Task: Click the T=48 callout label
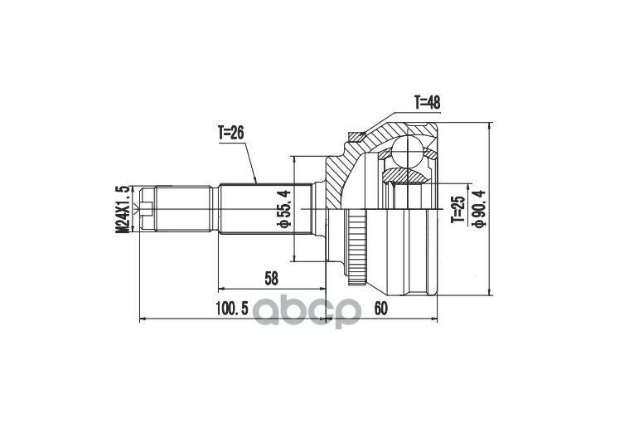tap(427, 103)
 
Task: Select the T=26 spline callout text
tap(231, 133)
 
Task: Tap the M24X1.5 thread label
tap(123, 210)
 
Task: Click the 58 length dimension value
tap(272, 279)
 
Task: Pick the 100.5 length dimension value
tap(232, 309)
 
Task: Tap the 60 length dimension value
tap(381, 309)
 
